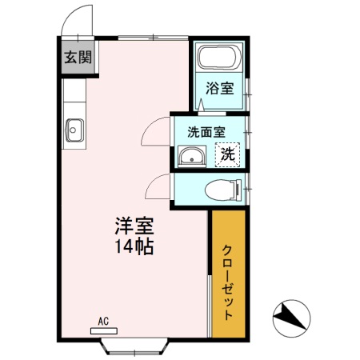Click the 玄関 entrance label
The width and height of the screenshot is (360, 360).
click(x=78, y=57)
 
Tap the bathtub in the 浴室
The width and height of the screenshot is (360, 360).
click(x=220, y=58)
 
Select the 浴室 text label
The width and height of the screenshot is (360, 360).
click(x=220, y=88)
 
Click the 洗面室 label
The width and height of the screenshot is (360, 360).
click(x=206, y=132)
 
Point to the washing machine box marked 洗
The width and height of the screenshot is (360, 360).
click(x=227, y=154)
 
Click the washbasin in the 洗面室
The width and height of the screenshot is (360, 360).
click(x=192, y=156)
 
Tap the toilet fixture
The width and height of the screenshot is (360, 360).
click(x=223, y=190)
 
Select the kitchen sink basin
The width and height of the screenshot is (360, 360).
click(x=74, y=130)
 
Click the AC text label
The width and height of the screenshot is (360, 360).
click(x=103, y=322)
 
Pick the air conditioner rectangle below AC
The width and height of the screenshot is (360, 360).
click(x=104, y=331)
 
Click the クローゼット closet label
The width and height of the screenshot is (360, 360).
click(x=228, y=282)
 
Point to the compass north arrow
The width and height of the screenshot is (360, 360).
click(x=291, y=318)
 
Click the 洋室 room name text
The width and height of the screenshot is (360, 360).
click(x=134, y=226)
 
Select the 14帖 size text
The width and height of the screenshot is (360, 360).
click(x=134, y=246)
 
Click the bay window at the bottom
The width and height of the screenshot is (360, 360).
click(x=134, y=346)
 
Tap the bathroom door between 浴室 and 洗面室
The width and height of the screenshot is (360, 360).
click(x=202, y=106)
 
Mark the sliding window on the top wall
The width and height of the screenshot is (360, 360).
click(x=153, y=38)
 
